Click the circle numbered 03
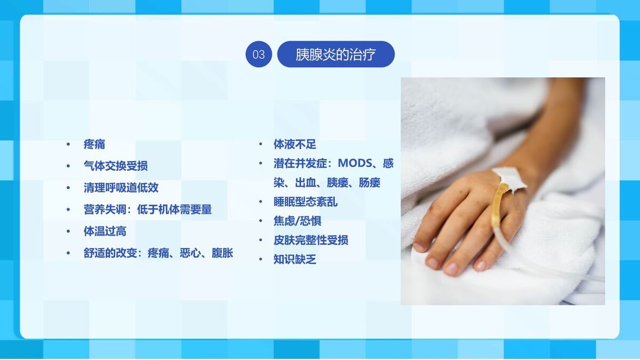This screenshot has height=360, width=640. [259, 54]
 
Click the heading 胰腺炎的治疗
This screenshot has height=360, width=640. [335, 54]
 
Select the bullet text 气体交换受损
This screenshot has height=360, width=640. [116, 166]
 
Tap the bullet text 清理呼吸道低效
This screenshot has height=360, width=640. [121, 188]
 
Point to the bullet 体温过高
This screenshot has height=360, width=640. [105, 231]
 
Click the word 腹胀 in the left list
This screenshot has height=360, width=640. [222, 253]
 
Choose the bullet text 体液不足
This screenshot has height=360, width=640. [295, 144]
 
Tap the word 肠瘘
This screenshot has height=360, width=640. [370, 183]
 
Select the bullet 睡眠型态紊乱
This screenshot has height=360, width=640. [306, 202]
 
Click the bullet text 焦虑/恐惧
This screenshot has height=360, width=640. [298, 221]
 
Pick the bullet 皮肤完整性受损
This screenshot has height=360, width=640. [311, 240]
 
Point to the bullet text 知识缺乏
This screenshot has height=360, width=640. [295, 260]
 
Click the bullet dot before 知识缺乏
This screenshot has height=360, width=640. [261, 260]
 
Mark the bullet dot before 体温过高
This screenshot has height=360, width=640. [68, 231]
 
